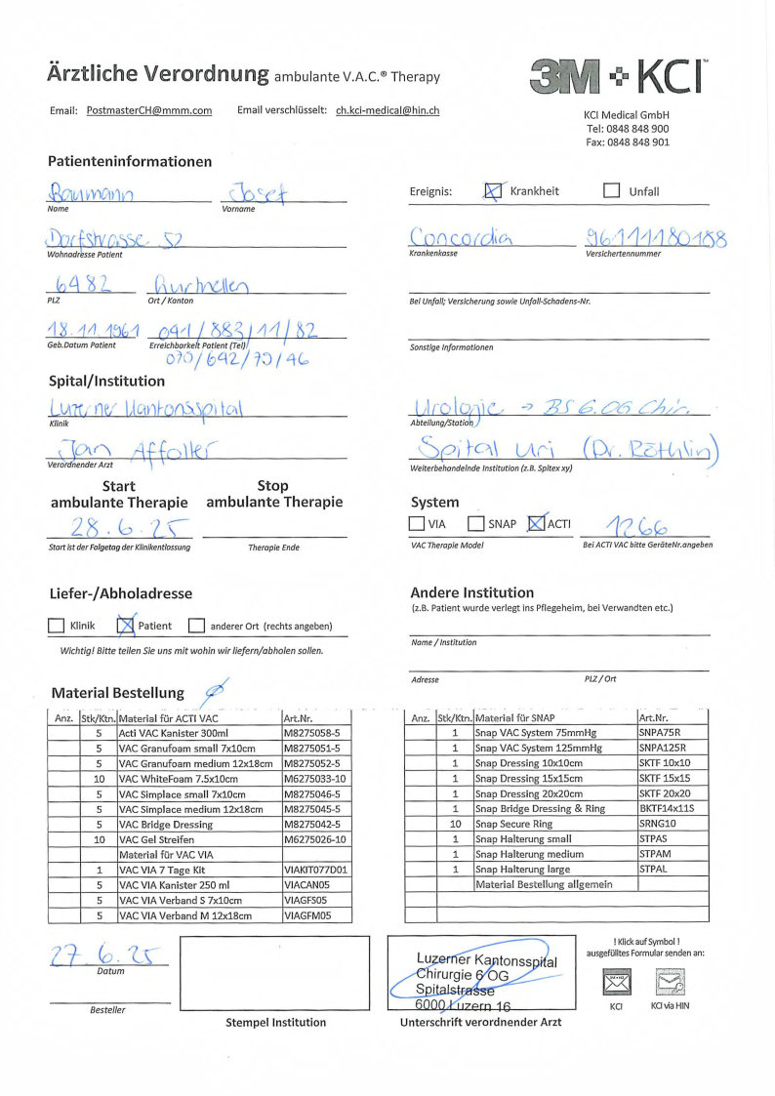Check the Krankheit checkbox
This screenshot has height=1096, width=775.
(x=493, y=191)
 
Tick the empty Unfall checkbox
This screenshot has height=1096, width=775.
(x=612, y=191)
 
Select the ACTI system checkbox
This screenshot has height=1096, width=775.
(x=535, y=524)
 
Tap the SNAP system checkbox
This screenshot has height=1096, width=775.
(x=475, y=524)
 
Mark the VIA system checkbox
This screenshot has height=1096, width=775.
(x=417, y=524)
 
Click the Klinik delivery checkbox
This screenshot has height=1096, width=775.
(x=57, y=626)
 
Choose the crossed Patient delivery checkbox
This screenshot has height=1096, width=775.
(x=125, y=626)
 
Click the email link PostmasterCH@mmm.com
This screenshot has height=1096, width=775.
(x=148, y=111)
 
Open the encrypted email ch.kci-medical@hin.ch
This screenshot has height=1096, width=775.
(x=387, y=111)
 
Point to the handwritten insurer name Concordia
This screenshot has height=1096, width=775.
(x=464, y=237)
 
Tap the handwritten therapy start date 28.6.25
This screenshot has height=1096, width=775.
(x=117, y=527)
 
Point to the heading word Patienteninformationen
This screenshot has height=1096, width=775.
(x=130, y=162)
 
